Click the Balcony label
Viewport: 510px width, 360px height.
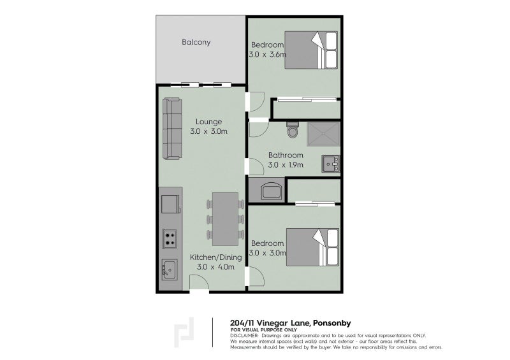pos(196,43)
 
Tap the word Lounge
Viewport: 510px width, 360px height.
pos(208,122)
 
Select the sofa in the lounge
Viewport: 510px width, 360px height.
pos(172,128)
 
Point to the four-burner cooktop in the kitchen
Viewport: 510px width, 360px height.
pos(170,239)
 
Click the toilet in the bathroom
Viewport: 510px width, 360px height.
pos(293,131)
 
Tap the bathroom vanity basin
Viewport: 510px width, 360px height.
pos(331,164)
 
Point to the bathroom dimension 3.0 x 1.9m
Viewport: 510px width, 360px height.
pos(286,165)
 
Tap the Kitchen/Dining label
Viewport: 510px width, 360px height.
pos(216,257)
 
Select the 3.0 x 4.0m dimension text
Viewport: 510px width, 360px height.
pos(216,267)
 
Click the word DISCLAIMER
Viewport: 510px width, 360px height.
pos(244,335)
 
